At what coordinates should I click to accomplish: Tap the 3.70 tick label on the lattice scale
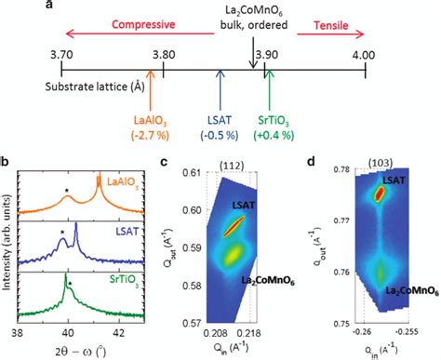pos(61,54)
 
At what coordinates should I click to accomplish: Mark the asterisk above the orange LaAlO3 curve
pos(67,193)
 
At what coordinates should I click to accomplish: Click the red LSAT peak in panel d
pos(379,193)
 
